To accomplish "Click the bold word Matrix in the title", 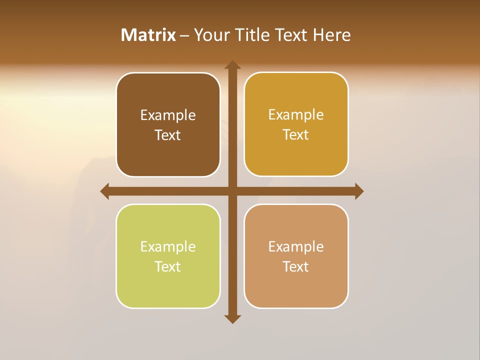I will pyautogui.click(x=148, y=35).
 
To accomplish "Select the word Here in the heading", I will pyautogui.click(x=332, y=35).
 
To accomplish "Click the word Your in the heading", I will pyautogui.click(x=210, y=35).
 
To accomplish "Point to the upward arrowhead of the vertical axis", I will pyautogui.click(x=232, y=65).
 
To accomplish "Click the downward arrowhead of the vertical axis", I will pyautogui.click(x=232, y=318).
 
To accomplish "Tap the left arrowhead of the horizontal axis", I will pyautogui.click(x=105, y=191).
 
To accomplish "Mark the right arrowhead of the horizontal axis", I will pyautogui.click(x=358, y=191).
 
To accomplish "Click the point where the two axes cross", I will pyautogui.click(x=232, y=191).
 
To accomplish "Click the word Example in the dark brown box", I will pyautogui.click(x=168, y=115).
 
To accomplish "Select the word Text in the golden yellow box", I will pyautogui.click(x=296, y=135).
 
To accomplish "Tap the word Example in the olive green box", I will pyautogui.click(x=168, y=247).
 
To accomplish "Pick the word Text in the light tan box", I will pyautogui.click(x=296, y=267).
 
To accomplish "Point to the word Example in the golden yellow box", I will pyautogui.click(x=296, y=115).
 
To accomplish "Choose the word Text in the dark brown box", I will pyautogui.click(x=168, y=135).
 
